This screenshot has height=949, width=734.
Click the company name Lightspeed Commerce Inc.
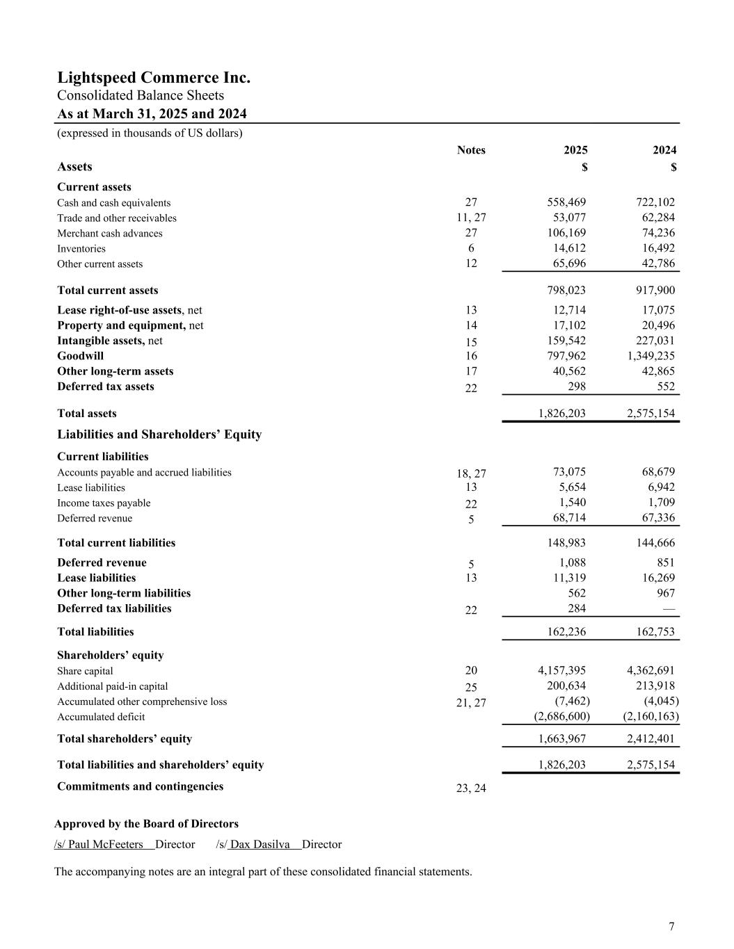[x=154, y=77]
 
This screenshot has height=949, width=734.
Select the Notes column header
[x=471, y=150]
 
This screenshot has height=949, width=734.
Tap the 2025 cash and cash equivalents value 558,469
[x=566, y=202]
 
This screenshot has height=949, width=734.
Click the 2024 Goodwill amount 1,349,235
[x=651, y=356]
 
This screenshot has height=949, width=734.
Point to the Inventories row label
[x=81, y=249]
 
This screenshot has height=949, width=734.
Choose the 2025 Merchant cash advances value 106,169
[x=566, y=233]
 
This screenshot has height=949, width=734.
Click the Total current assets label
[x=107, y=291]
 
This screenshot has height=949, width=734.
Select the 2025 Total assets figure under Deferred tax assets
[x=561, y=414]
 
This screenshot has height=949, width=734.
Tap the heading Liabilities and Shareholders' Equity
[x=159, y=435]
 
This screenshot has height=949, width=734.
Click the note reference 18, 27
[x=471, y=473]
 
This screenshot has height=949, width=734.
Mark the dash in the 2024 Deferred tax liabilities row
[x=669, y=609]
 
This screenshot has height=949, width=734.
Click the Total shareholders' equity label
[x=125, y=739]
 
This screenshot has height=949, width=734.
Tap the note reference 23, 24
[x=471, y=788]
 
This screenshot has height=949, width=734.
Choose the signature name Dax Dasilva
[x=260, y=845]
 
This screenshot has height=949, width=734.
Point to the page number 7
[x=671, y=926]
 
